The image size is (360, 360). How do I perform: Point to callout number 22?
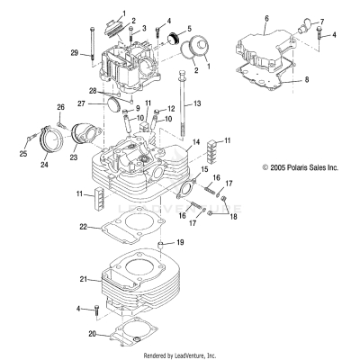coord(82,226)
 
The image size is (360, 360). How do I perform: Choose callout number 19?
coord(180,243)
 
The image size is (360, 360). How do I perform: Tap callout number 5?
coord(188,29)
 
